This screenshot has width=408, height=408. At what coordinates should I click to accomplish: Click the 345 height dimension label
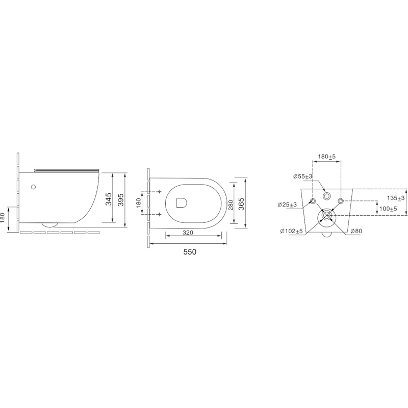(x=109, y=199)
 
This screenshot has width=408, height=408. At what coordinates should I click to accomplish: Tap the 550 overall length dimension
(x=190, y=252)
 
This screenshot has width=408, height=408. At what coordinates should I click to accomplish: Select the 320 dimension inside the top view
(x=188, y=233)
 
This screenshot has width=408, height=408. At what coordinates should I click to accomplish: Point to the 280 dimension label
(x=231, y=203)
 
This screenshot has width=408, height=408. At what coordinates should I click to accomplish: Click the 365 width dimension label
(x=241, y=204)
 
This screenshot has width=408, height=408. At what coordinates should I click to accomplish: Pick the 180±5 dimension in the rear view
(x=327, y=157)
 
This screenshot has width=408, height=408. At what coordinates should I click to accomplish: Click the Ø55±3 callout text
(x=302, y=176)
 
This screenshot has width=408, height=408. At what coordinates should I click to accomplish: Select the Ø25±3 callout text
(x=287, y=205)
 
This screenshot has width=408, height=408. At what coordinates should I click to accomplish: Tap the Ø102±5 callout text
(x=291, y=231)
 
